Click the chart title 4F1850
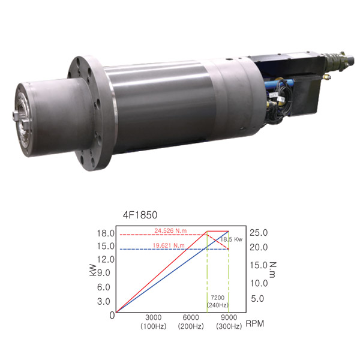pos(140,215)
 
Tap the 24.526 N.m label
pos(170,231)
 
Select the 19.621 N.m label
pos(169,245)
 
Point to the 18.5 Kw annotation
pos(231,239)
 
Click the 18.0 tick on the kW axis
pos(106,233)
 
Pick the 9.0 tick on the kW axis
pos(104,273)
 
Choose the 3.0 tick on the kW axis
pos(104,301)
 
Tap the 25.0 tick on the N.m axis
pos(259,233)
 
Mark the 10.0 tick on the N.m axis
pos(259,283)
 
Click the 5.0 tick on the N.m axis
pos(257,299)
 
